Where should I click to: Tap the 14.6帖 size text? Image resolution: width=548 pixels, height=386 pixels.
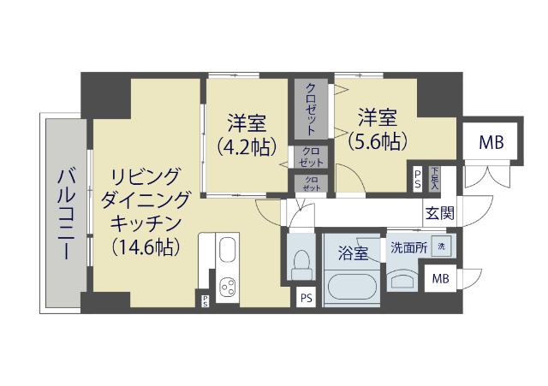pos(146,248)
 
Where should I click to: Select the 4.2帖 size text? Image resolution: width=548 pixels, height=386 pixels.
pos(247,145)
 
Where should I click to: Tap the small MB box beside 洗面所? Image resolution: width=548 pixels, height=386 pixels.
pos(440,279)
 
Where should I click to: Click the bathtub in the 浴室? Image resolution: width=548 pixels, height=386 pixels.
pos(351,283)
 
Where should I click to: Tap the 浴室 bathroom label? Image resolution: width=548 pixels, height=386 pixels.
pos(352,253)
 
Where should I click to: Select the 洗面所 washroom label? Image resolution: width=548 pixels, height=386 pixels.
pos(408,248)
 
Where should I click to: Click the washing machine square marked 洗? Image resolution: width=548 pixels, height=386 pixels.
pos(441,247)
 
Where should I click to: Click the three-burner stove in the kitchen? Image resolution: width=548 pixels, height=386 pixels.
pos(229,288)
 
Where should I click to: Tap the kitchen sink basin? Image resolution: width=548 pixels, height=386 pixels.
pos(229,252)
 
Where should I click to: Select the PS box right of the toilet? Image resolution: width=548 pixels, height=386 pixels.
pos(306,298)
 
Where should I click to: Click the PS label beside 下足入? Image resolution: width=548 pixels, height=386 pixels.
pos(417,177)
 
